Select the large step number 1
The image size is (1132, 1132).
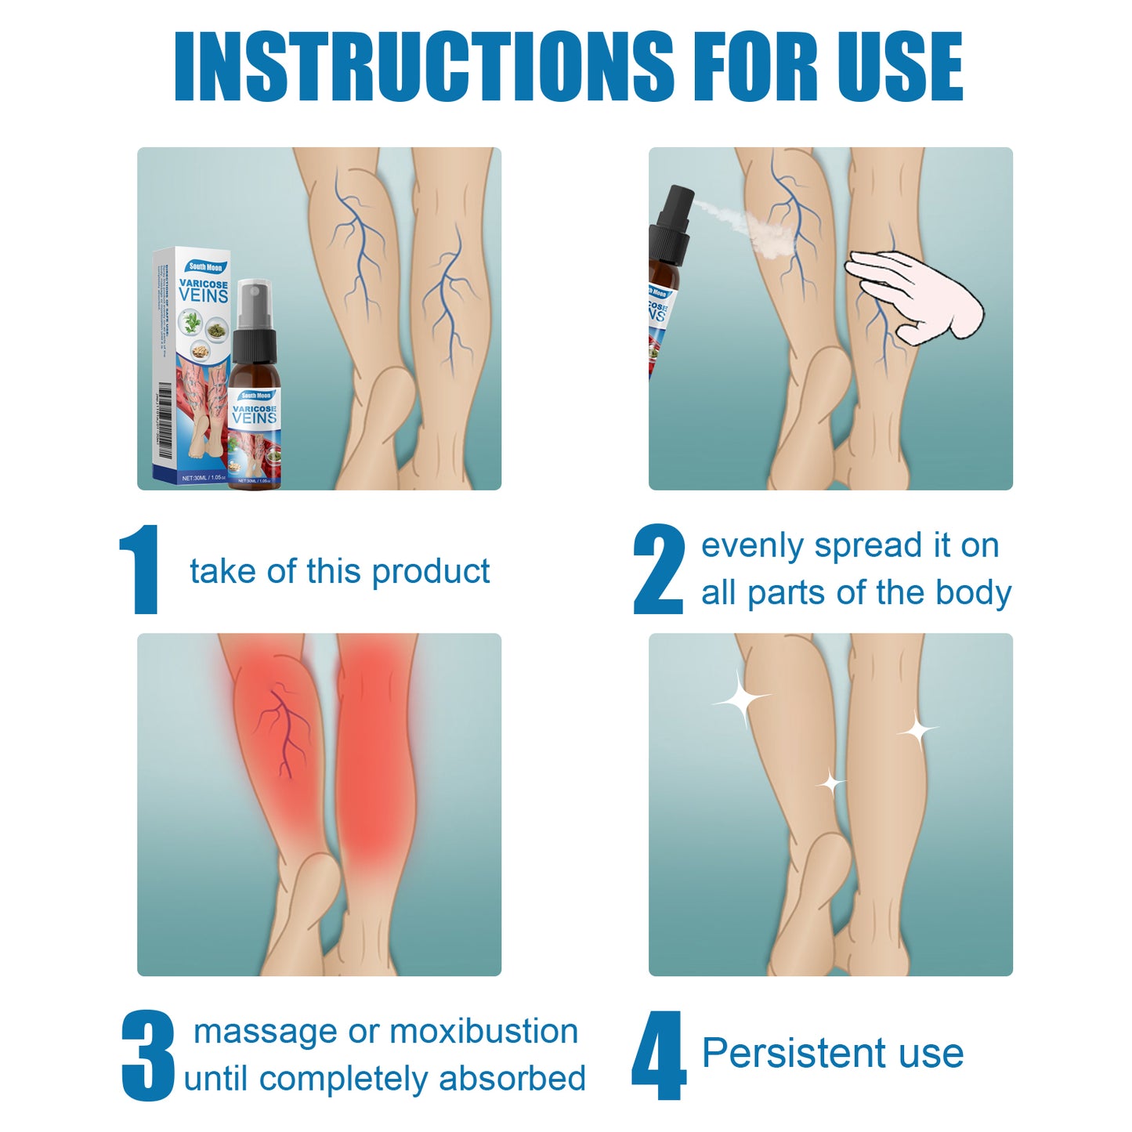click(x=140, y=570)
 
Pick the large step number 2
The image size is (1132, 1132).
click(x=659, y=570)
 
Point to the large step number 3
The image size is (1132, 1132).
click(x=148, y=1056)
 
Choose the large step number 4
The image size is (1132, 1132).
click(x=659, y=1056)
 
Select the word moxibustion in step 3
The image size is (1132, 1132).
click(x=483, y=1032)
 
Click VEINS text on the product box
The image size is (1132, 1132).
click(x=204, y=295)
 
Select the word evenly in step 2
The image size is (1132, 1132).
click(x=752, y=546)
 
